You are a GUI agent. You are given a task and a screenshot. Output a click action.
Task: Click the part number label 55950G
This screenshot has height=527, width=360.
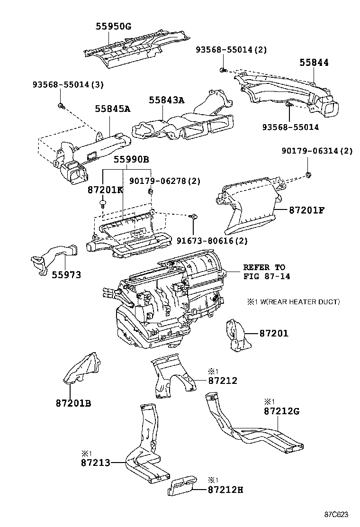click(114, 27)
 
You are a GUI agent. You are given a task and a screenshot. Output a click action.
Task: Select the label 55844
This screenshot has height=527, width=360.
click(314, 63)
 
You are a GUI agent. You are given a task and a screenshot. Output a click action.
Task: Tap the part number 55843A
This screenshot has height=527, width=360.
click(166, 100)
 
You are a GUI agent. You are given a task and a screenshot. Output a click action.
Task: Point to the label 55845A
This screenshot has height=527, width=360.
click(112, 109)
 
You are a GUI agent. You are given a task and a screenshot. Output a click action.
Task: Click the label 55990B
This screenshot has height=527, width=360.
click(130, 160)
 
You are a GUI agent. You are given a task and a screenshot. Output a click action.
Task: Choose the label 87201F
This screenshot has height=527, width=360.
click(307, 209)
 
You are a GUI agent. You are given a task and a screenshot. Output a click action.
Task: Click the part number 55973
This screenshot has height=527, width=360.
click(66, 275)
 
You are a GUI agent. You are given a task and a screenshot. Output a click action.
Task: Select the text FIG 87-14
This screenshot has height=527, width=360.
click(267, 276)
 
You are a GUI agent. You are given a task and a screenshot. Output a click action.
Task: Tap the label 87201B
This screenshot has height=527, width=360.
click(73, 403)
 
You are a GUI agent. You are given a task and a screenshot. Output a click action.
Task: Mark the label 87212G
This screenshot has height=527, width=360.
click(282, 410)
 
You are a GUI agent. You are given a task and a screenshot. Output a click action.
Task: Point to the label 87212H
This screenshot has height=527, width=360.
click(225, 490)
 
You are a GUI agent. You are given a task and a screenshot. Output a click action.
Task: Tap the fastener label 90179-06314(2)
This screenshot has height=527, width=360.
click(317, 151)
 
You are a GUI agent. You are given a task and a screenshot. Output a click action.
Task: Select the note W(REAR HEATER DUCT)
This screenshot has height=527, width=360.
click(297, 302)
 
